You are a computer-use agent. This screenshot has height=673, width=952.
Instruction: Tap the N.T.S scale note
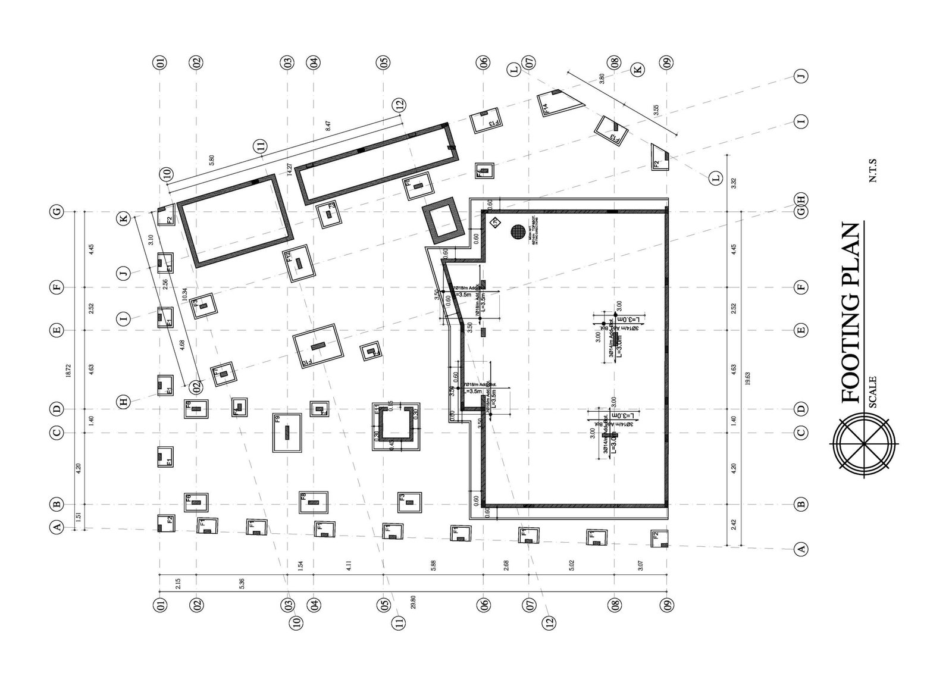873,169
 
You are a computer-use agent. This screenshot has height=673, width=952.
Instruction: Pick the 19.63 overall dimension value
747,378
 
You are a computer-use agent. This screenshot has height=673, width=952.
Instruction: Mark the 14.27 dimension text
290,170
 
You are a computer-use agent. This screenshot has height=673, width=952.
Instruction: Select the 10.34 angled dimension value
185,293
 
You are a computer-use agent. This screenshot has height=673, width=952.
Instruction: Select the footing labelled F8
314,502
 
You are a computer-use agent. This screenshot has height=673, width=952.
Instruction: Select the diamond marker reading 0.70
494,223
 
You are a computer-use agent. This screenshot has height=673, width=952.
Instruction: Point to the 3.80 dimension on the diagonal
602,79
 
